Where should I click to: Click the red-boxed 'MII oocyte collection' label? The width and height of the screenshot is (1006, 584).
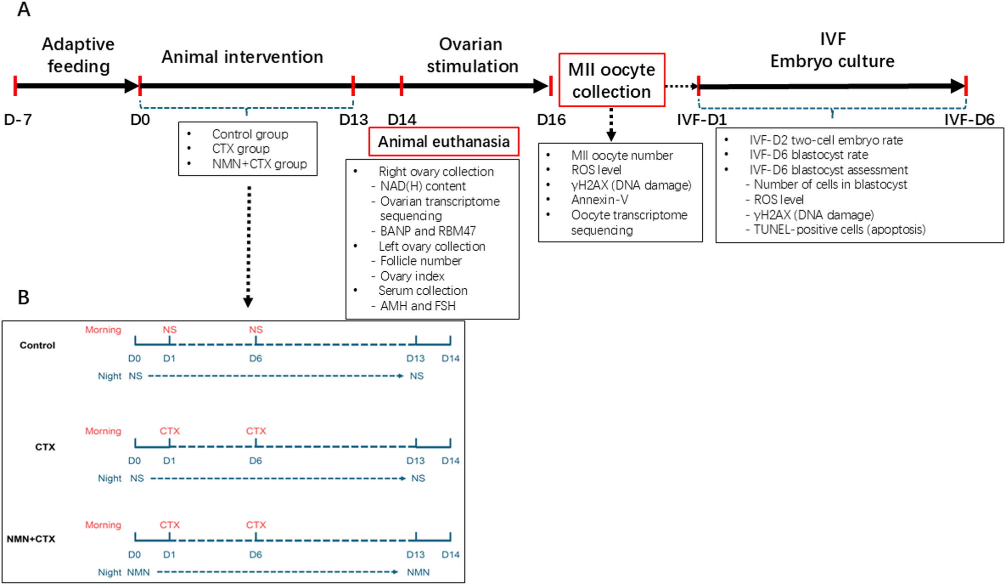click(x=611, y=80)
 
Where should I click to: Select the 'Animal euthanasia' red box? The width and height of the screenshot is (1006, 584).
click(x=443, y=142)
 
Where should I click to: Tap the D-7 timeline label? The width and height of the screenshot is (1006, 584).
click(x=18, y=120)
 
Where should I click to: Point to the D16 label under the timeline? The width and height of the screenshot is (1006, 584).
click(x=551, y=120)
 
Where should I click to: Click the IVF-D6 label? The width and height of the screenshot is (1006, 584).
click(x=969, y=120)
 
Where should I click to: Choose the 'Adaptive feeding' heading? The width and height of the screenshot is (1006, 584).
click(x=78, y=55)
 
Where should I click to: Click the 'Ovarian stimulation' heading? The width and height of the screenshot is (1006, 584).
click(x=471, y=55)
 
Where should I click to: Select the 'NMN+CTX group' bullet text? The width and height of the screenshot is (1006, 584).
click(x=259, y=164)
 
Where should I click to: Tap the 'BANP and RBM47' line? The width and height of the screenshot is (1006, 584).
click(x=427, y=231)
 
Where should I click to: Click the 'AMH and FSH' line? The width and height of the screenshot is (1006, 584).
click(x=417, y=306)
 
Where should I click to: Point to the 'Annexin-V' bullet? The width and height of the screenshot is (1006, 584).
click(x=599, y=200)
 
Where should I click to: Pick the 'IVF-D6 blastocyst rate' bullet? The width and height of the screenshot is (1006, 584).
click(x=808, y=155)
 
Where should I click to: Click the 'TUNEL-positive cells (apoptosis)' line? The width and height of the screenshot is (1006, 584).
click(x=839, y=230)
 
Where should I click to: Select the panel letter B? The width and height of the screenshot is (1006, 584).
click(x=24, y=297)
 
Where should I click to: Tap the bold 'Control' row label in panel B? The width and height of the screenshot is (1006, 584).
click(x=38, y=345)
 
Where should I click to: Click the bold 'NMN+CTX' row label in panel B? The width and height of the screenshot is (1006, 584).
click(x=31, y=539)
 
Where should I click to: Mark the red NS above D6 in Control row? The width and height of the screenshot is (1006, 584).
click(x=256, y=330)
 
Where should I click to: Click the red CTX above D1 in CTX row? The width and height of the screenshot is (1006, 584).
click(x=169, y=431)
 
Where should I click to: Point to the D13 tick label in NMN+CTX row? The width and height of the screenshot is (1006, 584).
click(x=415, y=554)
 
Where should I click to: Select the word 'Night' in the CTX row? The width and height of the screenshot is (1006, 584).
click(x=110, y=478)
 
